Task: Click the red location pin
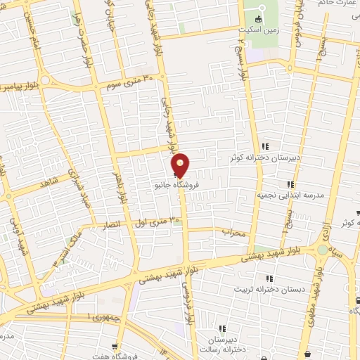tap(181, 164)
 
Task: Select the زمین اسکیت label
tap(258, 30)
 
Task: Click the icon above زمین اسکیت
tap(258, 19)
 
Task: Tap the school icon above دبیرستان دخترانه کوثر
tap(266, 147)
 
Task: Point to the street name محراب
tap(233, 232)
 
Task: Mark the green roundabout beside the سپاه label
tap(323, 250)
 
